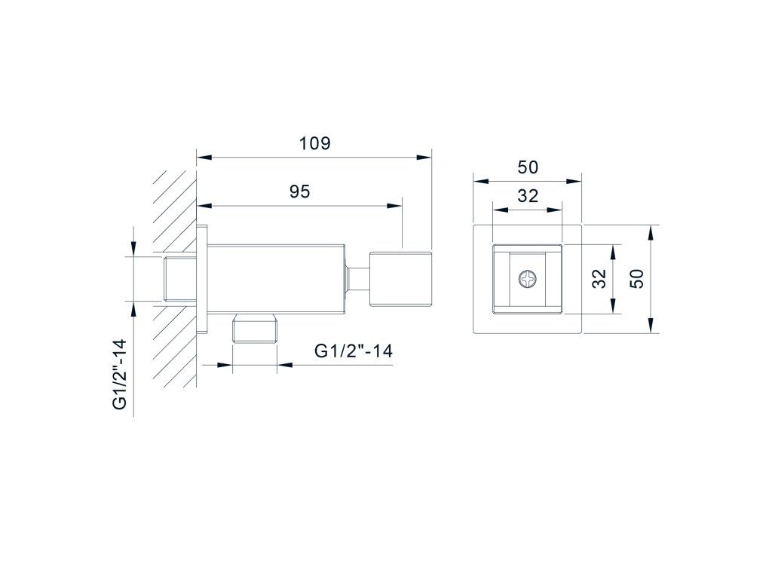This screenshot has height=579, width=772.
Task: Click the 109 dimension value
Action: point(314,143)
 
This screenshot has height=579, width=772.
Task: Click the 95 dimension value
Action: point(300,191)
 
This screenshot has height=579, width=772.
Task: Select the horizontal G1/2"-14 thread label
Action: point(354,351)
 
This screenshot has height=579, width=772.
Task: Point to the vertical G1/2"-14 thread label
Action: point(119,374)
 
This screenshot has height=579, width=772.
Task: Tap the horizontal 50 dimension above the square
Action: point(528,167)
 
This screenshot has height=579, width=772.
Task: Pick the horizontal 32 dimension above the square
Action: point(528,195)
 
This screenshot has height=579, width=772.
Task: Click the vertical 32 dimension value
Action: point(599,279)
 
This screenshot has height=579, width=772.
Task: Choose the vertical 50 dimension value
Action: point(637,278)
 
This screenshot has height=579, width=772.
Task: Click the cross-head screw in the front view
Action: point(527,280)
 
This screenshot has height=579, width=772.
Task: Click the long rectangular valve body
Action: point(276,278)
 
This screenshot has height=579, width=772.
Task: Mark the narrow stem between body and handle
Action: point(357,278)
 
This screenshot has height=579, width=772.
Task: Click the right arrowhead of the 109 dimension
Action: point(427,158)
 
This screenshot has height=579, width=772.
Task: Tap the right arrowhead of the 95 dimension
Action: point(395,205)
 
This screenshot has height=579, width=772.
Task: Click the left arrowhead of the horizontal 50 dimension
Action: point(479,181)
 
